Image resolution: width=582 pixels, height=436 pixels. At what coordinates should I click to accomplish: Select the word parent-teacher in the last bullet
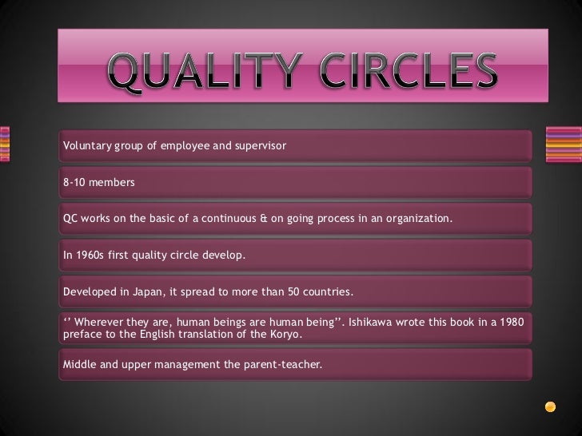click(284, 365)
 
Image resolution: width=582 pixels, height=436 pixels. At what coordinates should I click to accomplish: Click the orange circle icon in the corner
click(550, 406)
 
